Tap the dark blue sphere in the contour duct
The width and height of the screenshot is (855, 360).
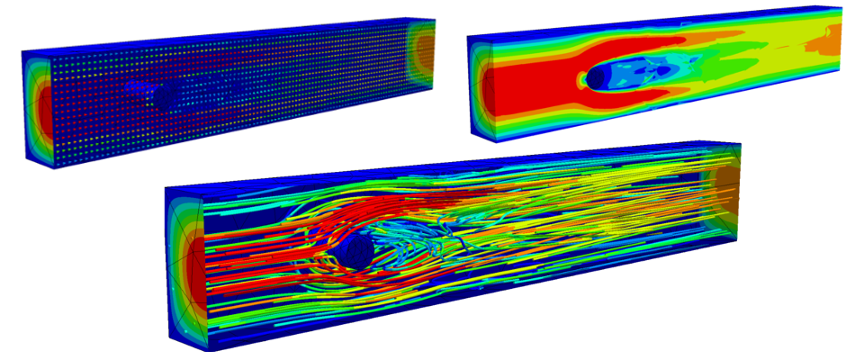597,79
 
